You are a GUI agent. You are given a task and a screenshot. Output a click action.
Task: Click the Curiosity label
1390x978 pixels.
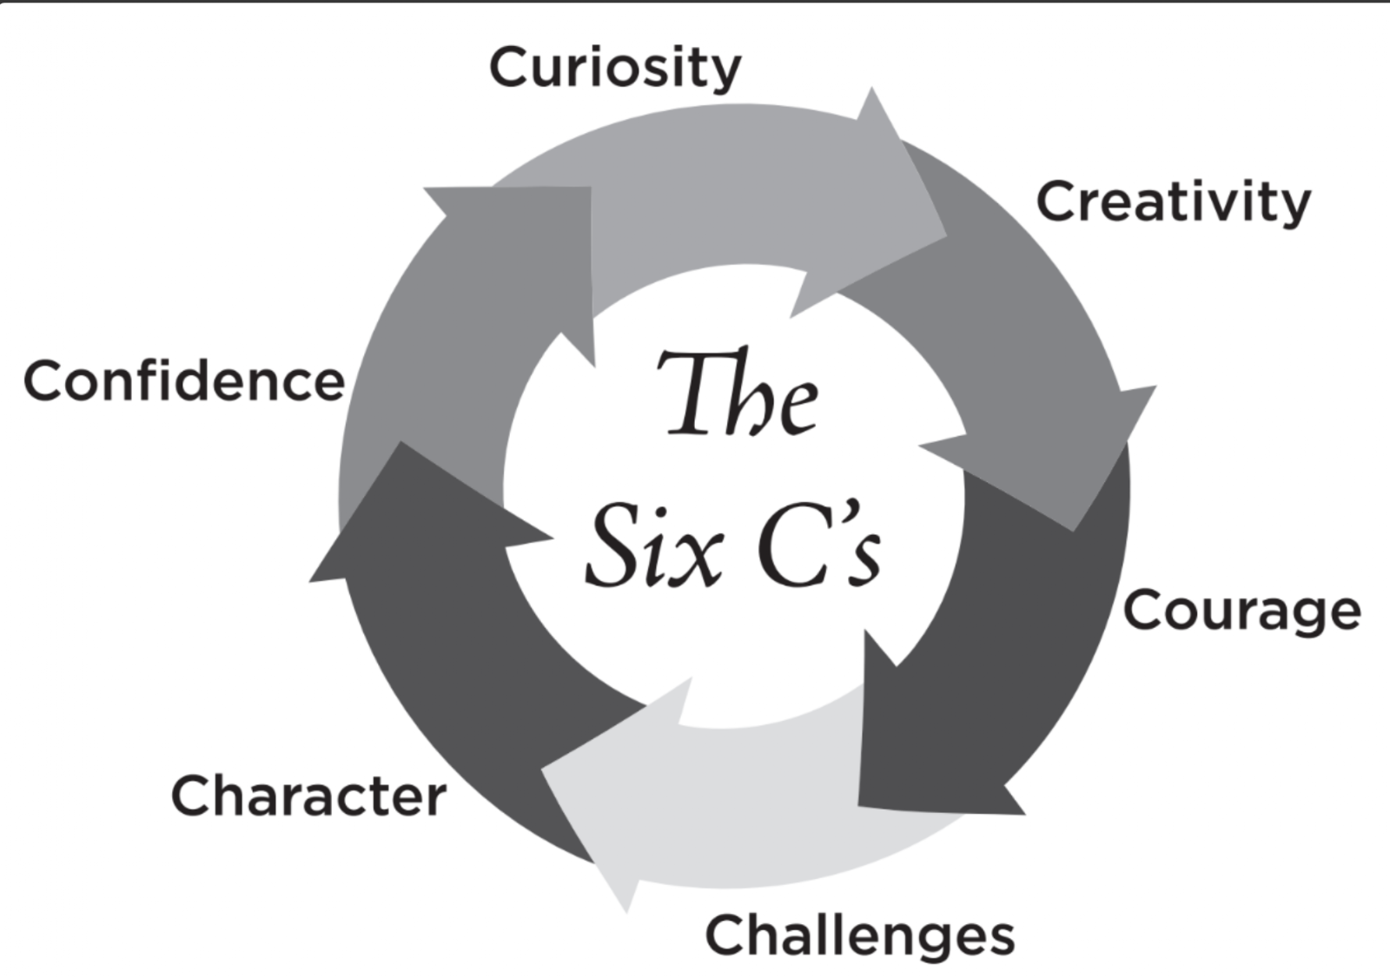click(x=615, y=68)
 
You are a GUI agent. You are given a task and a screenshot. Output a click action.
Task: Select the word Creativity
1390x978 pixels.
click(x=1173, y=202)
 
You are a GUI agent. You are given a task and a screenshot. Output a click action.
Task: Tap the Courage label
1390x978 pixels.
click(x=1241, y=611)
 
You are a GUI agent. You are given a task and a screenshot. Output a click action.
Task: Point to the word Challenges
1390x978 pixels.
click(x=859, y=935)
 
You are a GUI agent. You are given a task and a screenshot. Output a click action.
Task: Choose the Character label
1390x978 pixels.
click(x=308, y=796)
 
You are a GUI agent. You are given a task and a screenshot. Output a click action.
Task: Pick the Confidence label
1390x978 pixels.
click(x=184, y=381)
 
